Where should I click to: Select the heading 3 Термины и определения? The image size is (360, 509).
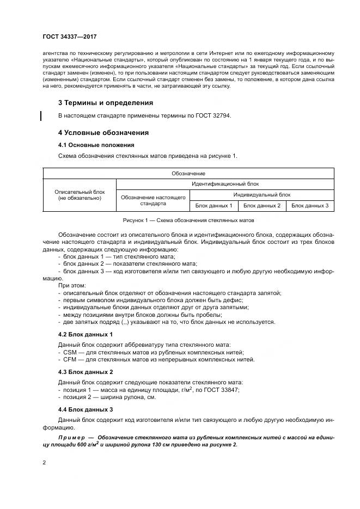tap(105, 102)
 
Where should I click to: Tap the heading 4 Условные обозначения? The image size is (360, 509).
tap(103, 132)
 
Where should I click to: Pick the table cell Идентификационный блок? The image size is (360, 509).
tap(225, 184)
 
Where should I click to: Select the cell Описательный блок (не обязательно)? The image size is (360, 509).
tap(80, 195)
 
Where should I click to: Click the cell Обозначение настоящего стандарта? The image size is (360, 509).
tap(153, 200)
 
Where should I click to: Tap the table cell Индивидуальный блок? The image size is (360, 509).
tap(261, 194)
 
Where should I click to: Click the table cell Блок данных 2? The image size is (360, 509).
tap(261, 205)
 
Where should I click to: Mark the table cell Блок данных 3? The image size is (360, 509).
tap(310, 205)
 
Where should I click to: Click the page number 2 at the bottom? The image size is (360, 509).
tap(44, 463)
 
